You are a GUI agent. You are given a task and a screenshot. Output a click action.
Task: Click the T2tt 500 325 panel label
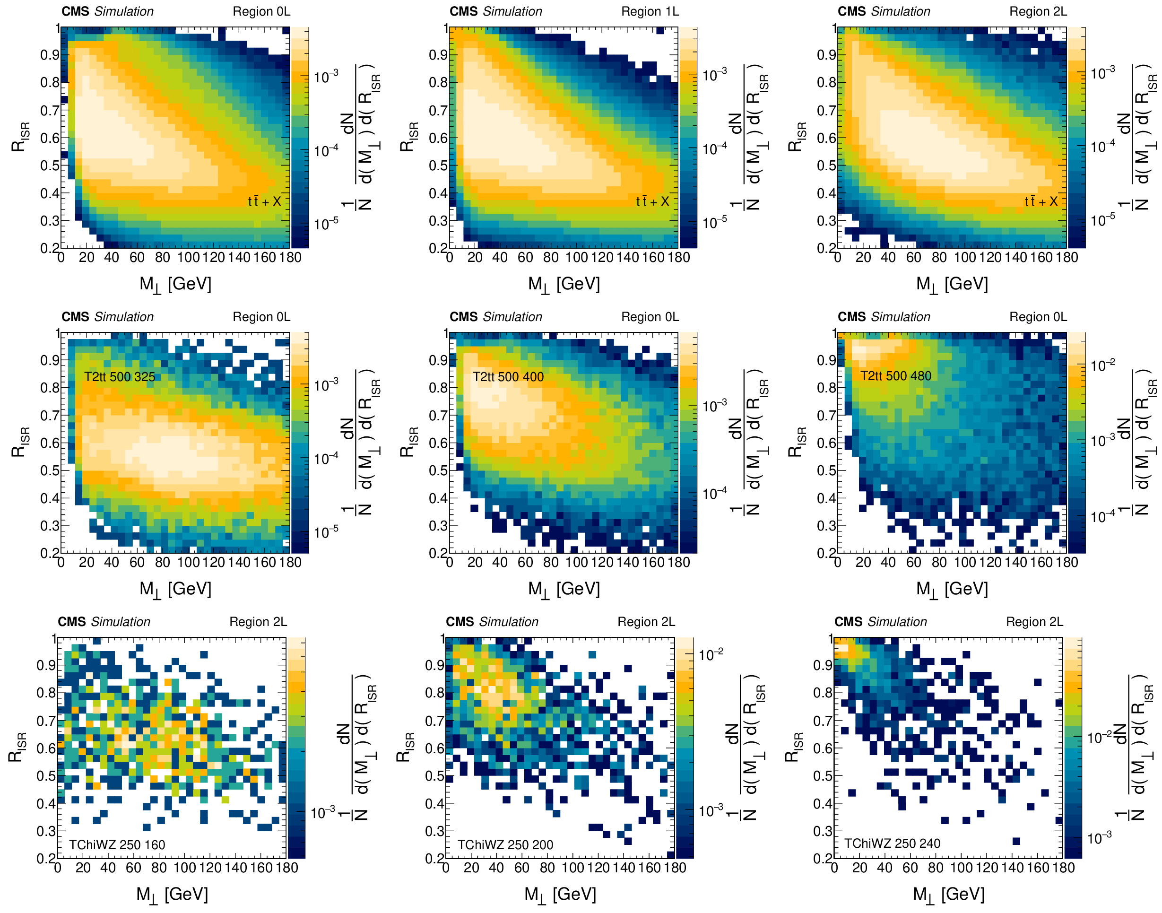click(x=120, y=377)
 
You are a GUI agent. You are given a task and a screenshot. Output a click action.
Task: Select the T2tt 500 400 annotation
click(x=508, y=377)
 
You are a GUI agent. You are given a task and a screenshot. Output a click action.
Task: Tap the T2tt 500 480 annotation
click(x=895, y=376)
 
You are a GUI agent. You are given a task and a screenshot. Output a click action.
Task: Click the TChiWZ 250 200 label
click(x=505, y=844)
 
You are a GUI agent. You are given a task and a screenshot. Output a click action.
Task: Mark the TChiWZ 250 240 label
click(x=892, y=843)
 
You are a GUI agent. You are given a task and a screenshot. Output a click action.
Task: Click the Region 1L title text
click(x=650, y=11)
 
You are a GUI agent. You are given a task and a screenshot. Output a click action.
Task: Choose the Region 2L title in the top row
click(x=1038, y=11)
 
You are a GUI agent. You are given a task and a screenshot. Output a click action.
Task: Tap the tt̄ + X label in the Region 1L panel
click(x=652, y=201)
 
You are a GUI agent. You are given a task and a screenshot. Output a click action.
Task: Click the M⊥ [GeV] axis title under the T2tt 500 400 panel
click(x=564, y=589)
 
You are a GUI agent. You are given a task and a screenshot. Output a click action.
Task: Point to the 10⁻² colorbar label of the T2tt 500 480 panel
click(x=1102, y=365)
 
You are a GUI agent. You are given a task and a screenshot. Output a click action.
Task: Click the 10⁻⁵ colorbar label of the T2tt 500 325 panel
click(x=326, y=532)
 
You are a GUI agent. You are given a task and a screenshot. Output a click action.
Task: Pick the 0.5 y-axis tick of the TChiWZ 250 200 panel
click(x=435, y=775)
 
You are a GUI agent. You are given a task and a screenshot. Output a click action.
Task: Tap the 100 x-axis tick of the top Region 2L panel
click(x=965, y=258)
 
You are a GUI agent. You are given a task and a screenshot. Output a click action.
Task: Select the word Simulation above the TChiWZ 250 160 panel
click(x=121, y=622)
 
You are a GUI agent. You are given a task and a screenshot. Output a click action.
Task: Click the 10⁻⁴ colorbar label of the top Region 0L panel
click(x=326, y=151)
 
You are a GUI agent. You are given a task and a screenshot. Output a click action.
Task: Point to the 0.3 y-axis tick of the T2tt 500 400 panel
click(x=438, y=525)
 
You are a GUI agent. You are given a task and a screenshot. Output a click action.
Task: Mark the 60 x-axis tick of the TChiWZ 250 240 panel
click(x=910, y=868)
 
